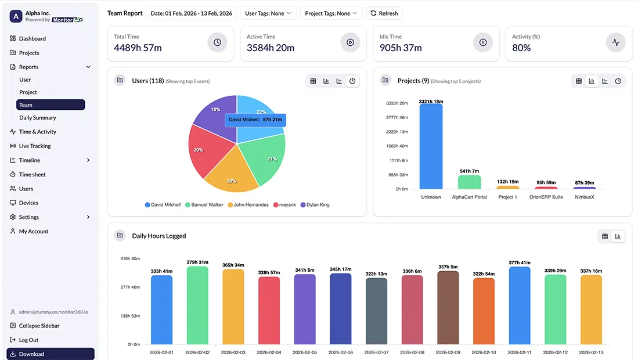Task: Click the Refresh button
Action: pos(384,13)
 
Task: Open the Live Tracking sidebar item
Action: pos(35,146)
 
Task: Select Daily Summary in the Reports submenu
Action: pos(38,118)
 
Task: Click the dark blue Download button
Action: pos(51,354)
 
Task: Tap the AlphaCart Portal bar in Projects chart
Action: pos(469,182)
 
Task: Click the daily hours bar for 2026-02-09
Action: pos(448,308)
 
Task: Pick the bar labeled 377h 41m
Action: pos(520,305)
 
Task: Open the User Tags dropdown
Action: pos(269,13)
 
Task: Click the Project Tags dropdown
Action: pos(331,13)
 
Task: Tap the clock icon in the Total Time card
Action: pos(217,42)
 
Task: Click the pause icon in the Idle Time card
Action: pos(482,42)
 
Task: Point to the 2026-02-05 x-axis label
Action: pos(305,352)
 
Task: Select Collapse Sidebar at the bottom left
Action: pos(39,326)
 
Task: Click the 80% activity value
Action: pos(521,48)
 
